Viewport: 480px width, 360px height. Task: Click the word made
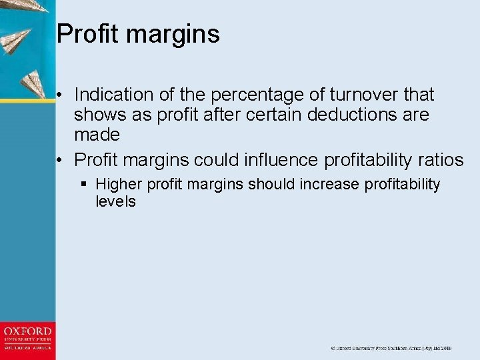pyautogui.click(x=97, y=135)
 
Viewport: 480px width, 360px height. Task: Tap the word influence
pyautogui.click(x=278, y=160)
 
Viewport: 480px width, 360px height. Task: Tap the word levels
pyautogui.click(x=115, y=201)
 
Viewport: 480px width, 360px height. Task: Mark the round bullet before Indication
pyautogui.click(x=61, y=95)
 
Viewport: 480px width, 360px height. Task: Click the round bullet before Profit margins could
pyautogui.click(x=61, y=161)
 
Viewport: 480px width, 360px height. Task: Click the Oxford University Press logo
pyautogui.click(x=27, y=339)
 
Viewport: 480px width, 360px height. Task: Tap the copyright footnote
pyautogui.click(x=391, y=348)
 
